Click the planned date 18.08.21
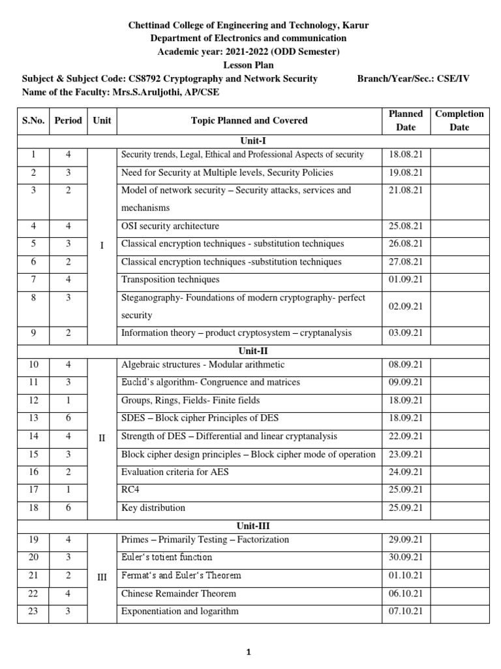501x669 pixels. pos(405,155)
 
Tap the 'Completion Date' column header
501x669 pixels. pos(459,120)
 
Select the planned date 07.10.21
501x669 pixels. pos(405,612)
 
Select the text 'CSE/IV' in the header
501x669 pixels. pos(454,78)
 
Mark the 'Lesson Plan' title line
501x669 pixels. pos(250,65)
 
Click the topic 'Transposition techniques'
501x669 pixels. pos(170,280)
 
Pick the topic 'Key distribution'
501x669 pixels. pos(153,508)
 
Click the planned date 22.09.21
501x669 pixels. pos(405,436)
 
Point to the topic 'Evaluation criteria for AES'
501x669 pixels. pos(175,472)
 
